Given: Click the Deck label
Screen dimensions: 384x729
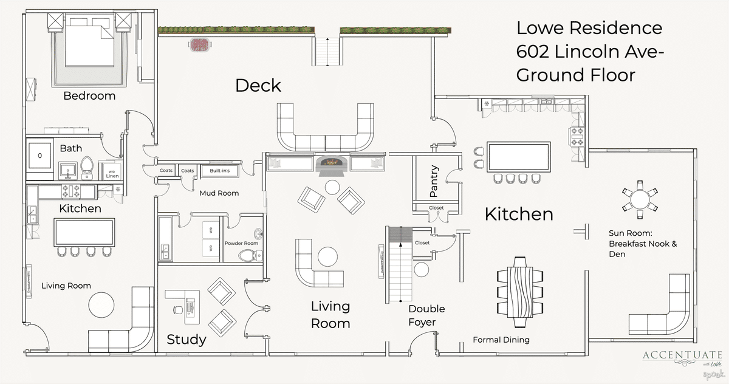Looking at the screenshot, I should pyautogui.click(x=258, y=86).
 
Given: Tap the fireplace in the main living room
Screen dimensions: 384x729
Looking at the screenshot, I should pyautogui.click(x=331, y=163).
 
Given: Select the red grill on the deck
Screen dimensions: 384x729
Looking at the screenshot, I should pyautogui.click(x=200, y=44).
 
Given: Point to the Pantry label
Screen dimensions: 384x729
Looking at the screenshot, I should pyautogui.click(x=434, y=182).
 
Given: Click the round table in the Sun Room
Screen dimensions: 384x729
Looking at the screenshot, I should pyautogui.click(x=640, y=199).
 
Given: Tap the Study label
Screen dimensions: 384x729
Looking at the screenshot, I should pyautogui.click(x=187, y=340).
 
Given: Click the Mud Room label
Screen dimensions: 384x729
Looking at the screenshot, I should pyautogui.click(x=219, y=193).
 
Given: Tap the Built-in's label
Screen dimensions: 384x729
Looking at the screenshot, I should pyautogui.click(x=219, y=171).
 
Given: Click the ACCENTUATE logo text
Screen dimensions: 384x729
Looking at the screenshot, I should pyautogui.click(x=682, y=355).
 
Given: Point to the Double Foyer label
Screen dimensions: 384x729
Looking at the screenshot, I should pyautogui.click(x=426, y=315).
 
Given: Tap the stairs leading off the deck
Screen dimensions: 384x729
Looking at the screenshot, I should pyautogui.click(x=327, y=52).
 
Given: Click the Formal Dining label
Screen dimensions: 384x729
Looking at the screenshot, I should pyautogui.click(x=501, y=340).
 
